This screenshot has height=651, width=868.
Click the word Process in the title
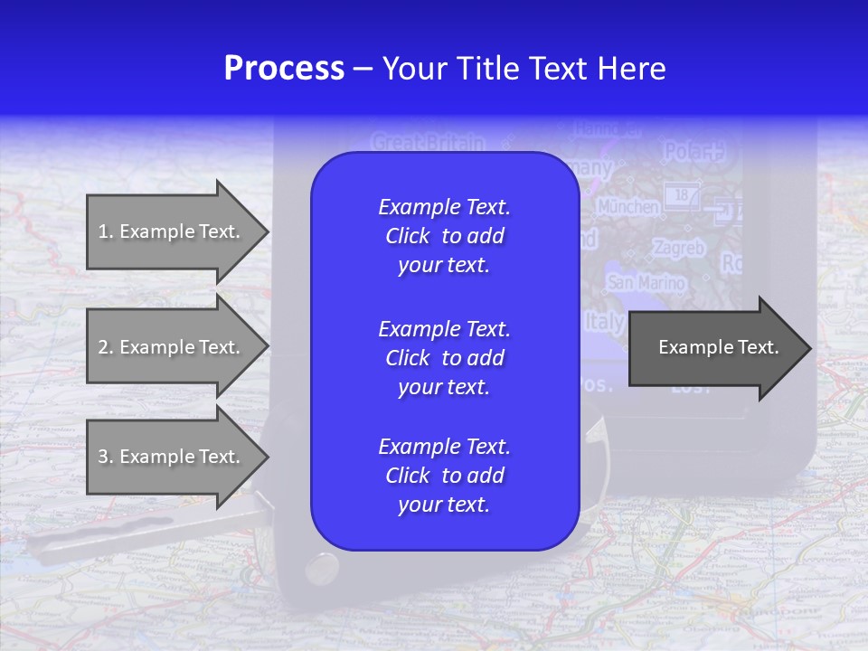click(x=284, y=69)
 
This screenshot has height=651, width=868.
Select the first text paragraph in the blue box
click(x=444, y=236)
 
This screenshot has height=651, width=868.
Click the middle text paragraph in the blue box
click(x=444, y=357)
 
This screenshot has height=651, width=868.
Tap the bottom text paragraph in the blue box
click(x=444, y=476)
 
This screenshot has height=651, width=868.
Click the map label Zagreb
click(x=678, y=248)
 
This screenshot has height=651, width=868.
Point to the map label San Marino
click(x=646, y=283)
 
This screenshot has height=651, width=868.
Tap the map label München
click(x=627, y=206)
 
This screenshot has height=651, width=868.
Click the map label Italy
click(x=604, y=322)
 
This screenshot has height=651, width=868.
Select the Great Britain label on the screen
click(x=428, y=143)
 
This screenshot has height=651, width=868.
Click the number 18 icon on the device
click(x=682, y=193)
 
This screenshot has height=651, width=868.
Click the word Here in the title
click(x=631, y=69)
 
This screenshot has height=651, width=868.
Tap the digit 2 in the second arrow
click(x=103, y=347)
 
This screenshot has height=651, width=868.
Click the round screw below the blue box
click(x=321, y=567)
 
